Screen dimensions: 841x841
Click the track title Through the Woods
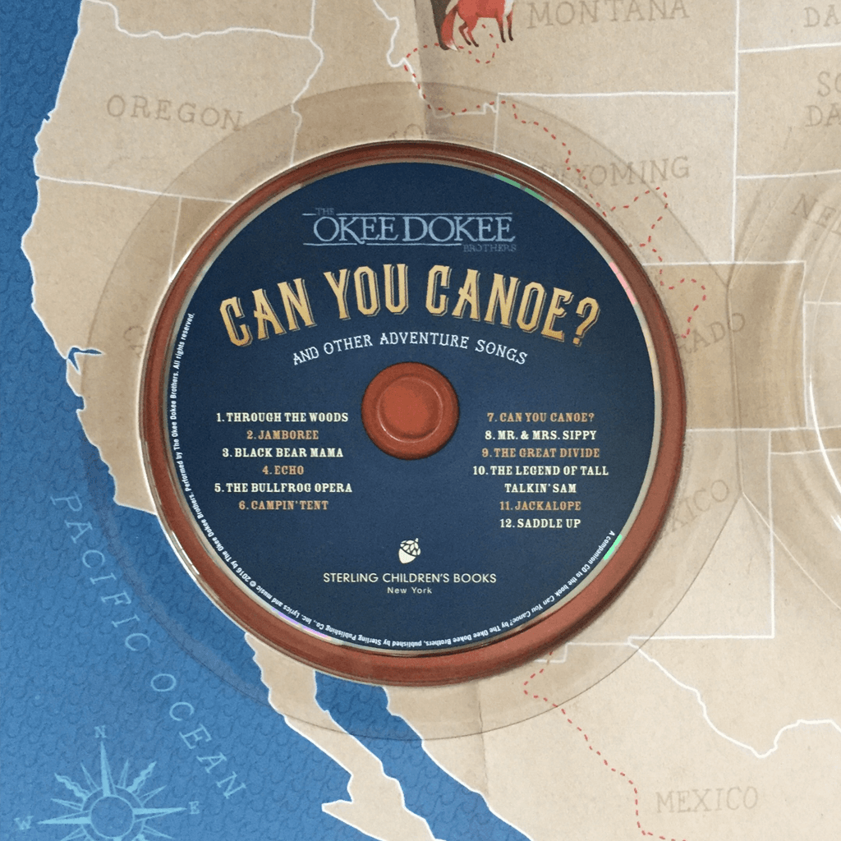click(282, 417)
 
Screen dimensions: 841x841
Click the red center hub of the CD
click(410, 409)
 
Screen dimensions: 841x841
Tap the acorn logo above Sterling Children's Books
click(409, 551)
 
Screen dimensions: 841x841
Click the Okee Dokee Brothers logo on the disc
click(409, 230)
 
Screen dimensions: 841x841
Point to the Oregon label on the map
click(174, 112)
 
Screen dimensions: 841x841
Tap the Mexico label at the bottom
click(706, 799)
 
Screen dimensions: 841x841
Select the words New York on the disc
click(409, 591)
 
